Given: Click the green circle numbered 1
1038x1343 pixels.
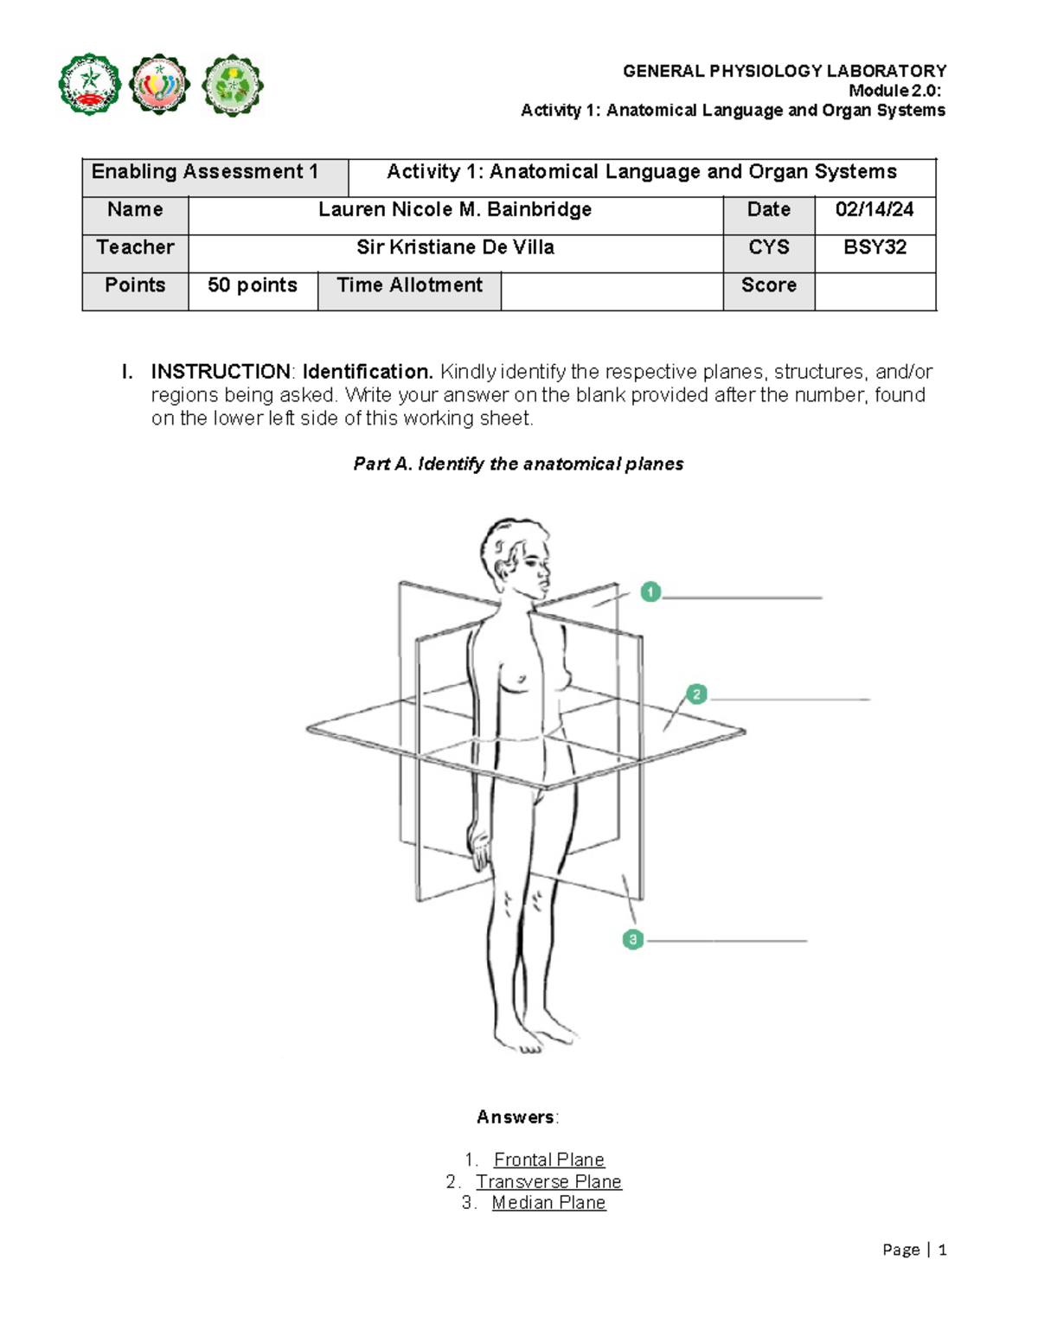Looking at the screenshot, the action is point(650,592).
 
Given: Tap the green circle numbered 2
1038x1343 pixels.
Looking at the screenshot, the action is point(696,694).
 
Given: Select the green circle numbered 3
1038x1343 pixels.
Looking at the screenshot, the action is point(633,939).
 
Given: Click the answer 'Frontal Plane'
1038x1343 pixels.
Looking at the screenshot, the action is point(548,1160).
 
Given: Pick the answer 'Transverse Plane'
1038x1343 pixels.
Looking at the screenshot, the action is point(548,1181).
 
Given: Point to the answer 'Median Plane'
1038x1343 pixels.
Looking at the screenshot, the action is point(548,1203).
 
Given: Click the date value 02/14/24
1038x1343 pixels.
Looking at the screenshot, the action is point(875,209).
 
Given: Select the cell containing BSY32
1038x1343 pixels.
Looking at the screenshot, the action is point(875,247).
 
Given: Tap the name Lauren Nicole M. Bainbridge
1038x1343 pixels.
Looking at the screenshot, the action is point(455,209).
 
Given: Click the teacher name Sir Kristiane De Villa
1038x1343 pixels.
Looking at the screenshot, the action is point(455,247).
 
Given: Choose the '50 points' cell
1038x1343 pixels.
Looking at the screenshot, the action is point(253,285).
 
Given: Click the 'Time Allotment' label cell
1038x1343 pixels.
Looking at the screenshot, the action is point(409,285).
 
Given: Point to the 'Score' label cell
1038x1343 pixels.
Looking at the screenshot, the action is point(768,285).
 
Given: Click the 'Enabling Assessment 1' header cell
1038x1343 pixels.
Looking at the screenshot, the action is point(205,172).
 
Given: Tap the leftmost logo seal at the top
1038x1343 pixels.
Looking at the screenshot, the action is point(89,85).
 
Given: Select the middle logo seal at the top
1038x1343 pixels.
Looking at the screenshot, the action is point(158,85).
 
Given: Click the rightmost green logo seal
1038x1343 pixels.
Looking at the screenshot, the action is point(232,85).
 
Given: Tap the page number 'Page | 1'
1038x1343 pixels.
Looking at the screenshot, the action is point(914,1250).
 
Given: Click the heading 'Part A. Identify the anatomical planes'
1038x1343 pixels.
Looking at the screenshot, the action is point(518,464).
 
